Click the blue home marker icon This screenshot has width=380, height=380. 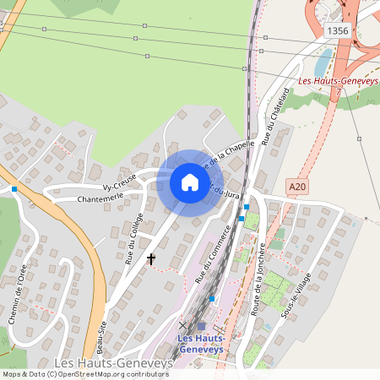(x=189, y=182)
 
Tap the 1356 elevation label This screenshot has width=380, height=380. (x=336, y=30)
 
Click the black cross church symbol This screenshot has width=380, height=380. (x=151, y=258)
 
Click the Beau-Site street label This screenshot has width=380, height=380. (x=100, y=338)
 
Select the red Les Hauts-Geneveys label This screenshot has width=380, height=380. (x=339, y=81)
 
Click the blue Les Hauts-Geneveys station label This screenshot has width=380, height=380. (x=202, y=345)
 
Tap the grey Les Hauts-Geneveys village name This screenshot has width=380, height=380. (x=112, y=362)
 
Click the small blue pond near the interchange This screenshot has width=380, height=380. (x=323, y=61)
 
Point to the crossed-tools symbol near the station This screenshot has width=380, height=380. (x=182, y=325)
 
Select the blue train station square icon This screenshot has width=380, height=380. (x=202, y=326)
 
